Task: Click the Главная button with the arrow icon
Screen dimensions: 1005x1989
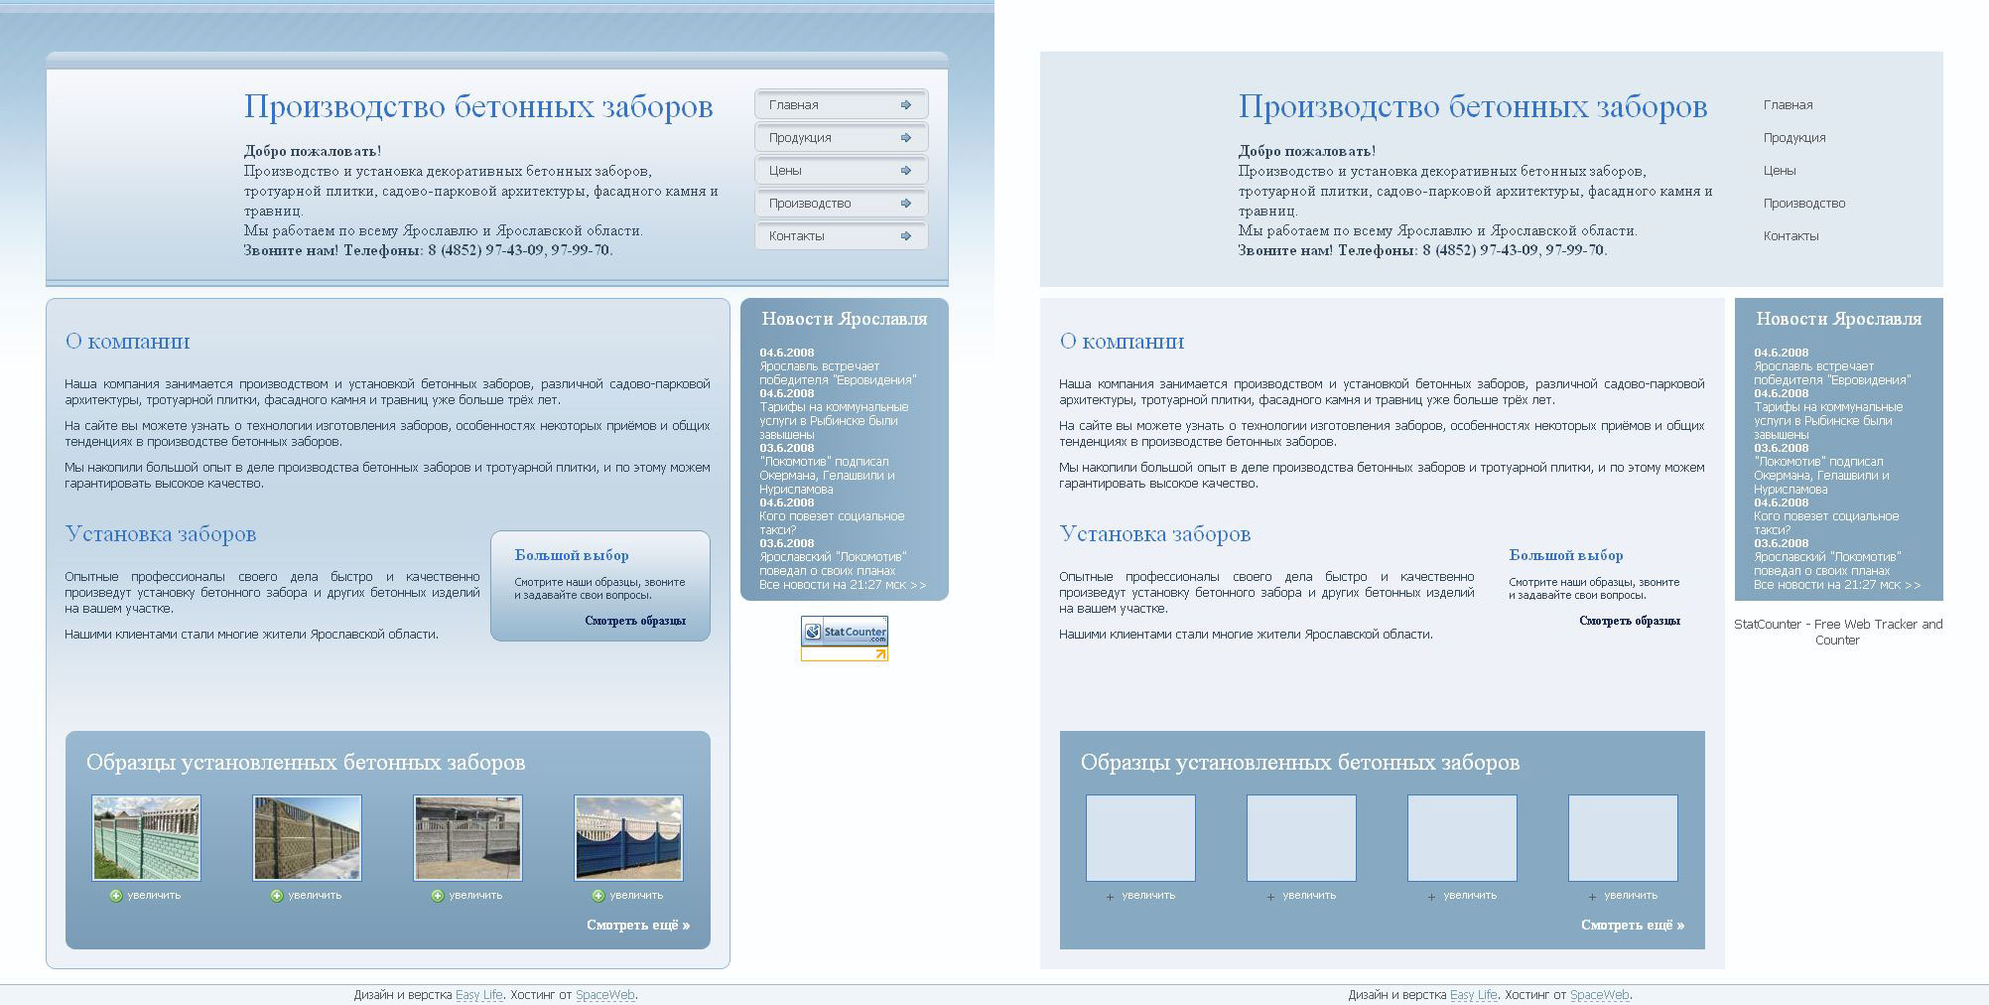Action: click(x=840, y=104)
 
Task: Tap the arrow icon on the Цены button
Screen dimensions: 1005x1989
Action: click(x=906, y=171)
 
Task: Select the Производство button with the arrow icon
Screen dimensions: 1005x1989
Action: click(x=840, y=204)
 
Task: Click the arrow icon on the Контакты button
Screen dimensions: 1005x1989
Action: click(x=906, y=236)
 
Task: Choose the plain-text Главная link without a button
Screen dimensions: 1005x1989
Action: click(x=1788, y=105)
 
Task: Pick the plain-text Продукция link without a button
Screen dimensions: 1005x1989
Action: click(x=1794, y=138)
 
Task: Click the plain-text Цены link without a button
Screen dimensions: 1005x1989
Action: click(x=1780, y=171)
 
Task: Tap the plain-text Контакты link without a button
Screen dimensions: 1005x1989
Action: click(x=1790, y=236)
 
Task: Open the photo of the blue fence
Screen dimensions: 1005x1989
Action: click(x=628, y=838)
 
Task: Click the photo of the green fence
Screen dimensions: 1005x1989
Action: click(x=146, y=838)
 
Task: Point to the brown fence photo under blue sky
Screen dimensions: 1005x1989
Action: click(x=307, y=838)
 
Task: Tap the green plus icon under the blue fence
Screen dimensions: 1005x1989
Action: click(x=598, y=896)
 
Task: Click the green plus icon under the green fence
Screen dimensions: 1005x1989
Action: click(x=116, y=896)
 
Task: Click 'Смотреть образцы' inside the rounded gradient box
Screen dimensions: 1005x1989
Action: click(x=635, y=621)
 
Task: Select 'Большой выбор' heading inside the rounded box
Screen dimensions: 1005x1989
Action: click(x=572, y=555)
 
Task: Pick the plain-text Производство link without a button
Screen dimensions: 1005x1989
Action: click(x=1804, y=204)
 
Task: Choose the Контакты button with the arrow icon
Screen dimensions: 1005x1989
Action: click(x=840, y=236)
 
